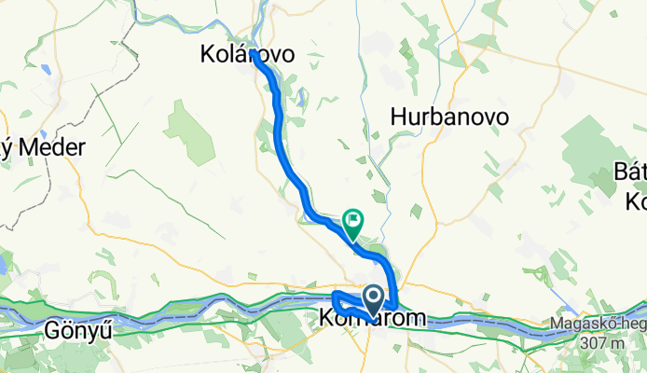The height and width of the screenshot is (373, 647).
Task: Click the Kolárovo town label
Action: [x=247, y=55]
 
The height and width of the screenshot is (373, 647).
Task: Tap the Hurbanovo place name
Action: [x=449, y=117]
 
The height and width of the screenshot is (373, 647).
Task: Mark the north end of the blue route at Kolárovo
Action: [x=254, y=55]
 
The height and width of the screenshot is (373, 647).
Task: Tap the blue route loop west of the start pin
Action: [x=339, y=304]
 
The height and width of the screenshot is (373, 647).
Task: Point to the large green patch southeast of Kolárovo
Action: [x=191, y=131]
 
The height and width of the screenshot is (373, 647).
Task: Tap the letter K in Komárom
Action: [x=328, y=318]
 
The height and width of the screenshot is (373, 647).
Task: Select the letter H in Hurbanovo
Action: [x=399, y=117]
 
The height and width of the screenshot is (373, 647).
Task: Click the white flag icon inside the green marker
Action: [x=354, y=221]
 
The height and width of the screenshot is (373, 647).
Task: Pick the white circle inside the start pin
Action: [x=373, y=297]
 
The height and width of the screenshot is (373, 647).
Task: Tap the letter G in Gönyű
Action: [x=51, y=330]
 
